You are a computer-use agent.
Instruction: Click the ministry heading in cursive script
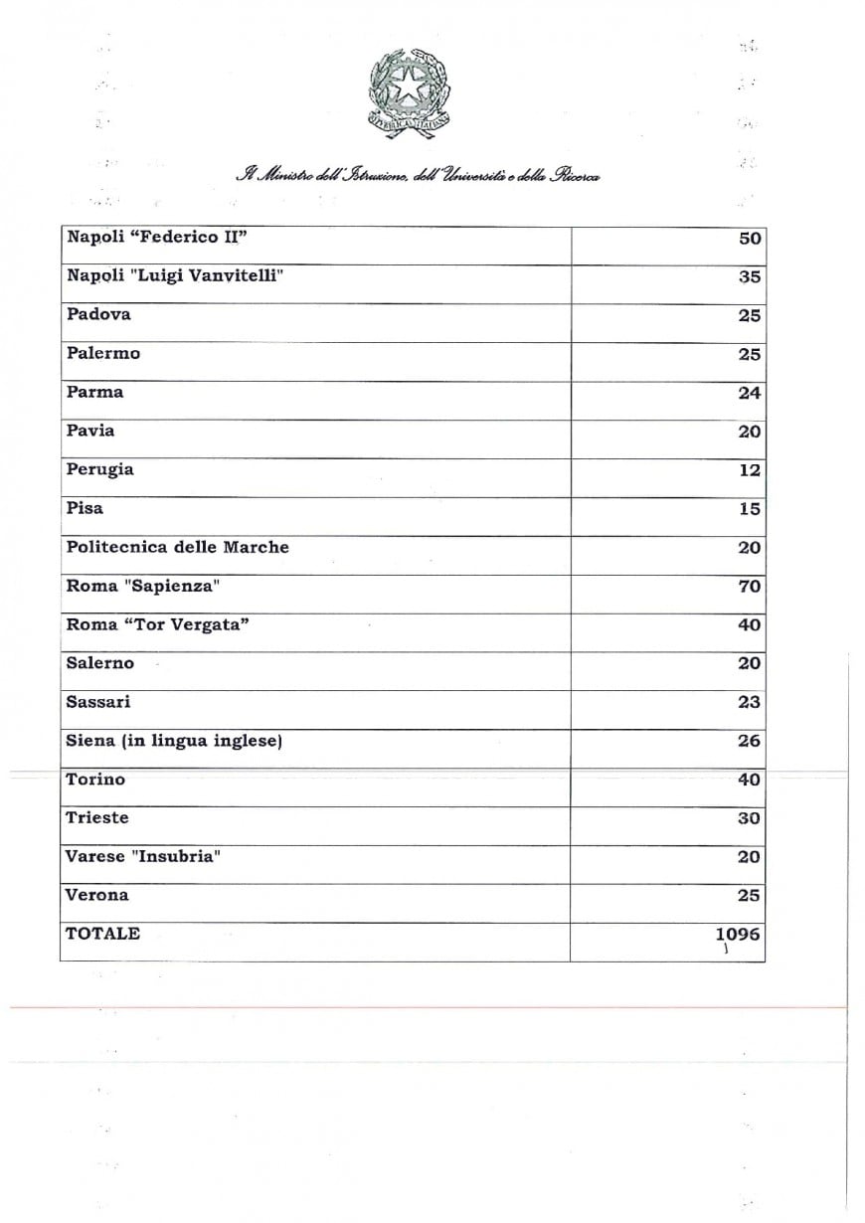417,176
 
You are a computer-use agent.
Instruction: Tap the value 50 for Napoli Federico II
749,239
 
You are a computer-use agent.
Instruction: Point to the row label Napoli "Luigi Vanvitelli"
175,275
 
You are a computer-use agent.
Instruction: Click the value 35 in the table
749,277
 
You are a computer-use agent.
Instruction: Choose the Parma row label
94,392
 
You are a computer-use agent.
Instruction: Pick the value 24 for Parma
749,393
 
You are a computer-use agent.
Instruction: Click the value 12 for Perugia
749,470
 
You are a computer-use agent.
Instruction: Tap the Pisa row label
85,508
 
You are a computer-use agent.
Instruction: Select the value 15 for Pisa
749,509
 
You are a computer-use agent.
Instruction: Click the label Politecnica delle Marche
177,547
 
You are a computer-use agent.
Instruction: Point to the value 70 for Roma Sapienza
749,587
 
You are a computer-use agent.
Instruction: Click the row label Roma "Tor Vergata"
157,624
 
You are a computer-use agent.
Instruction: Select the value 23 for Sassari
749,702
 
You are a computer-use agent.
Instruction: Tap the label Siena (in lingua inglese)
174,741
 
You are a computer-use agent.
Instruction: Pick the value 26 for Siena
749,741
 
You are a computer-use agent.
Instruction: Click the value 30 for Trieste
749,818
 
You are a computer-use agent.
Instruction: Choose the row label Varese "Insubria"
142,856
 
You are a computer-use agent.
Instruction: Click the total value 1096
737,934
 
